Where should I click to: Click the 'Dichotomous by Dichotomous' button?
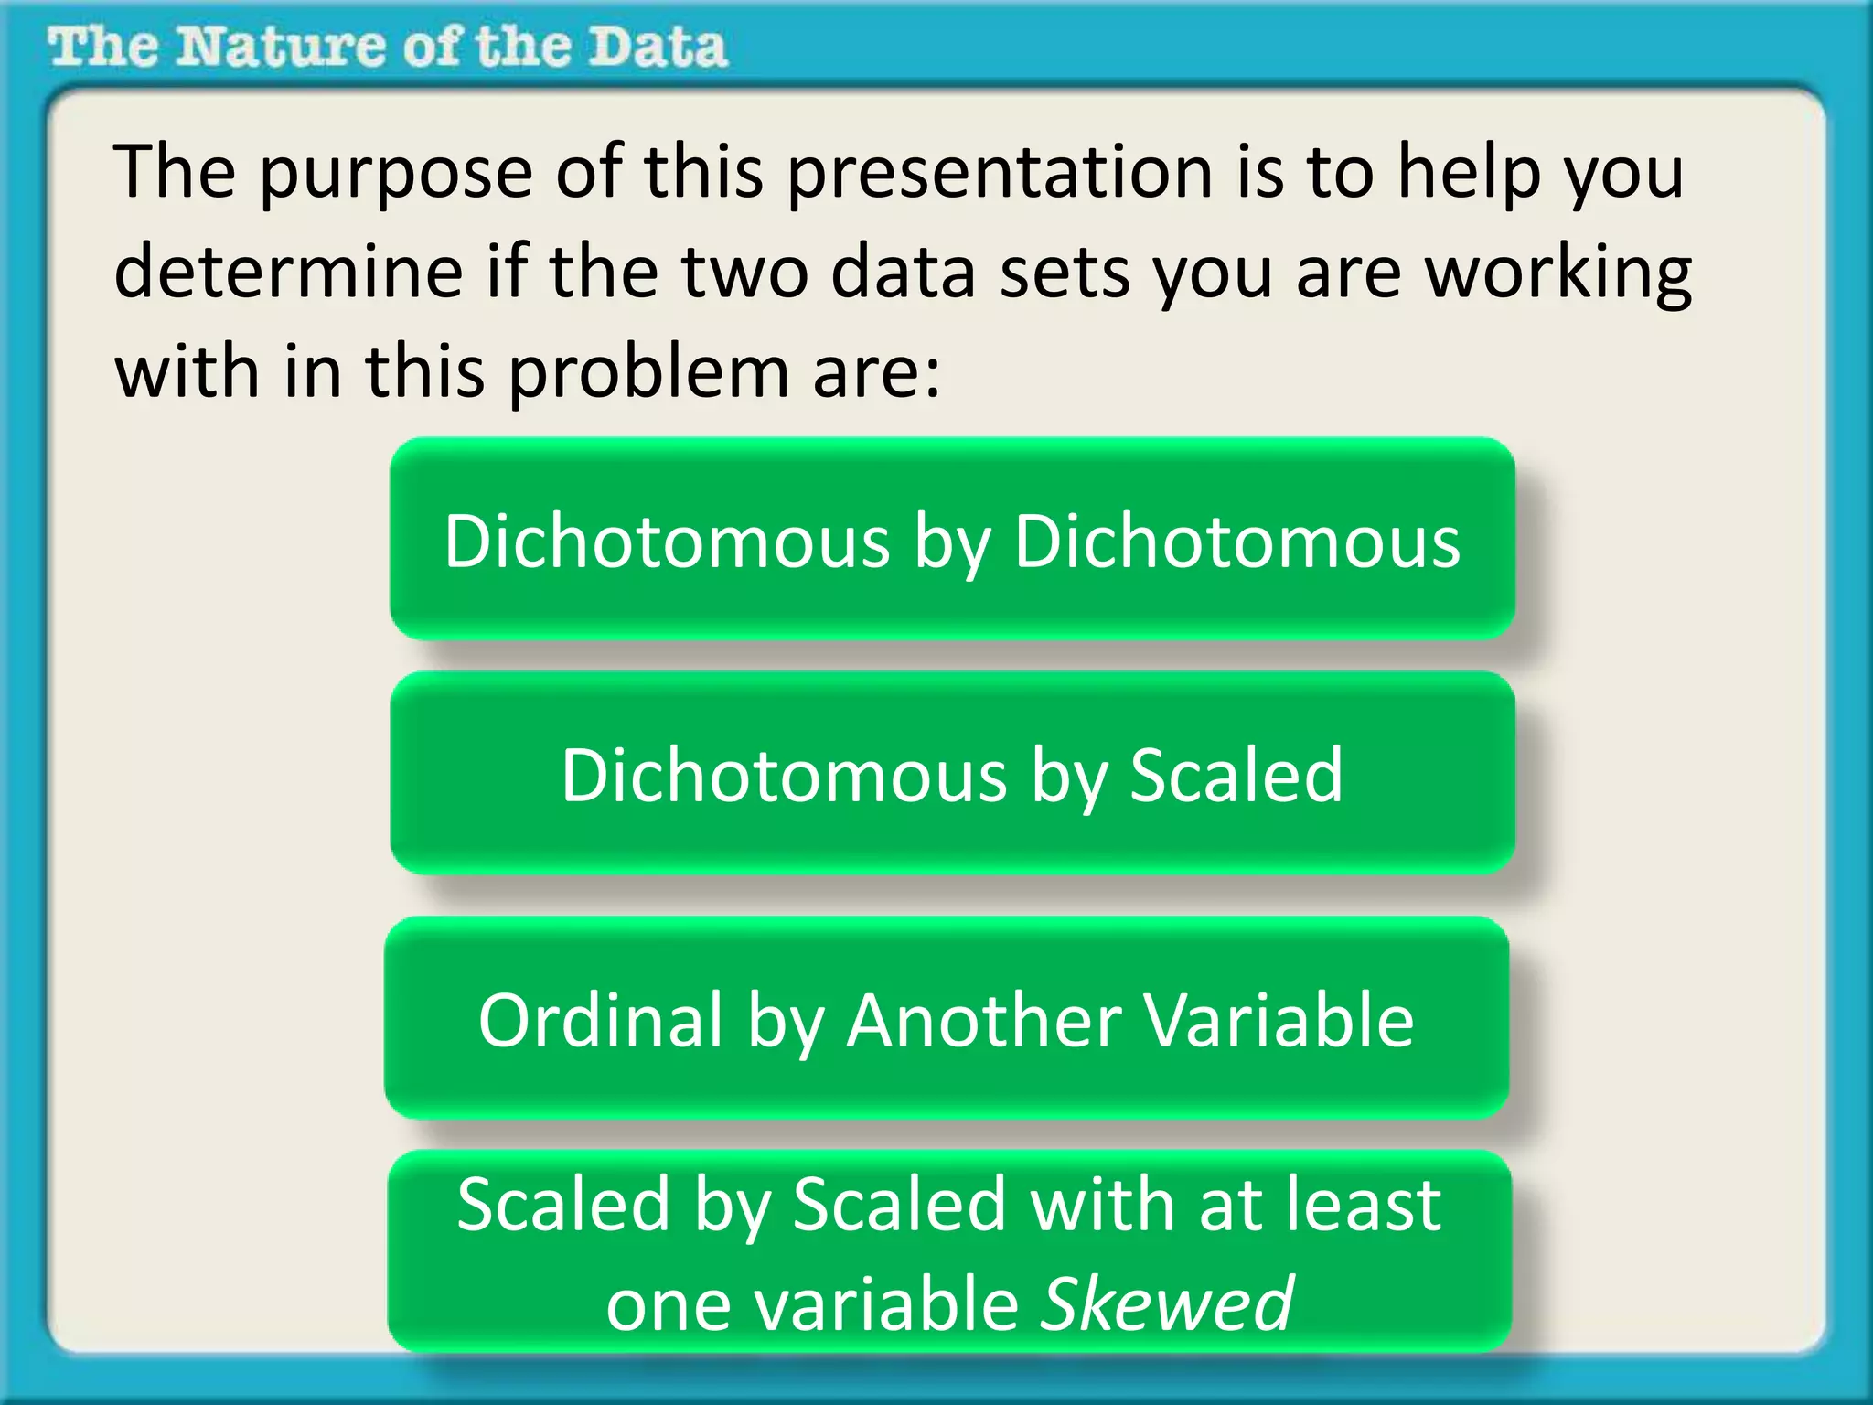(952, 540)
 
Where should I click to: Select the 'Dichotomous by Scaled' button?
(952, 774)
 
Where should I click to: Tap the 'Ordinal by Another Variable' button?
(947, 1019)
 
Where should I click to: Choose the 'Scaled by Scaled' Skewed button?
(949, 1252)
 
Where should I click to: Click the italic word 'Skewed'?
(1168, 1303)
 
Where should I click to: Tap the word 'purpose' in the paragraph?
(395, 174)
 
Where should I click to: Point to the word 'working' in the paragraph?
(1558, 274)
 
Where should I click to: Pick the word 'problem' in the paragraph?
(648, 375)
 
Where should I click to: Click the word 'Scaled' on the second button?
(1236, 774)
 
